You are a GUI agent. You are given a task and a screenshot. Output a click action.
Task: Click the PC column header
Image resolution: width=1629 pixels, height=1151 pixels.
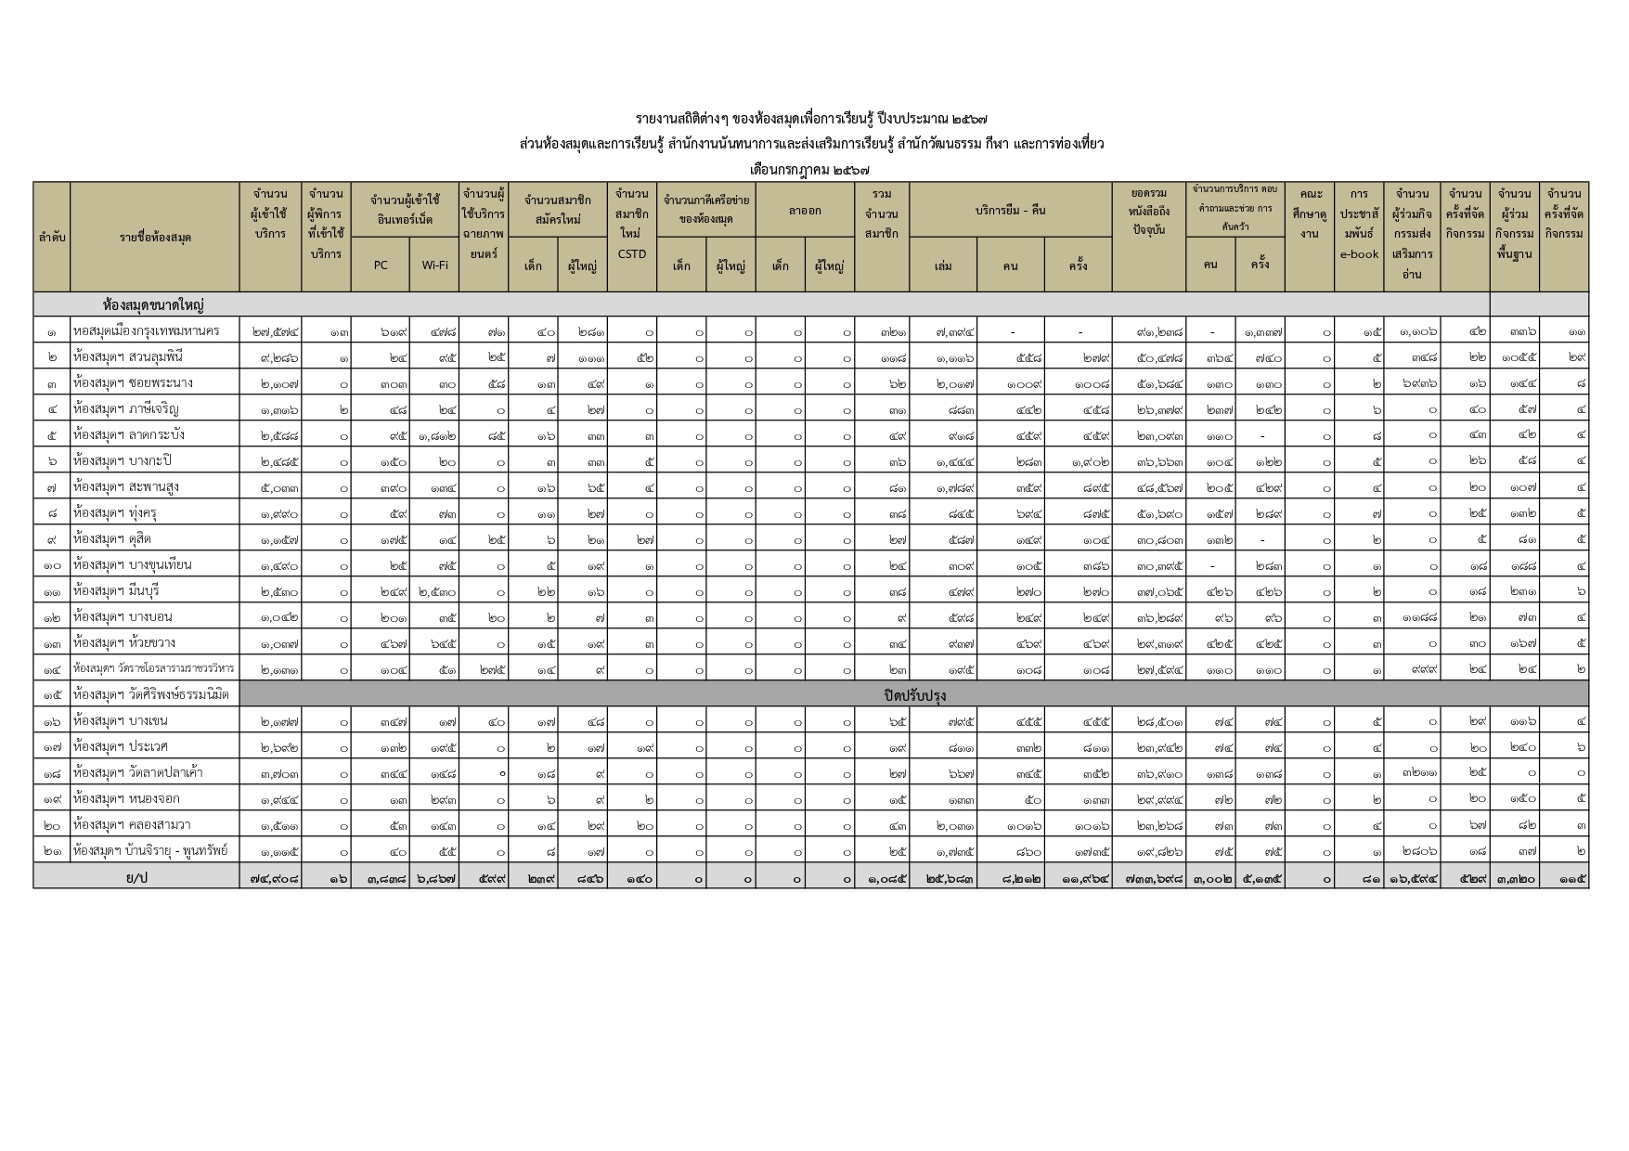[381, 265]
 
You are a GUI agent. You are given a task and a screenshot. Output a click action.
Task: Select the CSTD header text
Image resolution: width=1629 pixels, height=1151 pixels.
[631, 253]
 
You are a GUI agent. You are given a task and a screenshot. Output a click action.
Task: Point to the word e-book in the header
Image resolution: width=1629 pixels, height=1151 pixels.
[1359, 253]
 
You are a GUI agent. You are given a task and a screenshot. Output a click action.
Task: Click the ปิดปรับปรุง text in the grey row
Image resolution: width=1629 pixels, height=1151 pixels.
[914, 694]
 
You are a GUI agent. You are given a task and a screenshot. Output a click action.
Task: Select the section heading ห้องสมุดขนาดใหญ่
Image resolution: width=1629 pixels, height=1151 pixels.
[153, 304]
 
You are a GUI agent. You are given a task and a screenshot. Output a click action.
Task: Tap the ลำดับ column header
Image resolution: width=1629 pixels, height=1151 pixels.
[51, 238]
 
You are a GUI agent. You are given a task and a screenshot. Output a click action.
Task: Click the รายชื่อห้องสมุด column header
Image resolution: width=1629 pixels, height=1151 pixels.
[155, 238]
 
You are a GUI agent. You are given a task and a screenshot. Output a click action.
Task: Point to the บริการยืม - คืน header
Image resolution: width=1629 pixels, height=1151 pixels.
[1010, 210]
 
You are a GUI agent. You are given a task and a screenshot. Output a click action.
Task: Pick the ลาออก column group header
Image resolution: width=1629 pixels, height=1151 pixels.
[805, 210]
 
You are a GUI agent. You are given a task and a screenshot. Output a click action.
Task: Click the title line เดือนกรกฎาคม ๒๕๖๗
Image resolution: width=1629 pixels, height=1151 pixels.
[810, 170]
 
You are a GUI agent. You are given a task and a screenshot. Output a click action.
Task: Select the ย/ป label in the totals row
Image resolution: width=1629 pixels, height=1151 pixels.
[136, 876]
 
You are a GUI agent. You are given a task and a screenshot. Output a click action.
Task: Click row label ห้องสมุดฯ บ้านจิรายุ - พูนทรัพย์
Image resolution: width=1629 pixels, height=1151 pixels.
[150, 850]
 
